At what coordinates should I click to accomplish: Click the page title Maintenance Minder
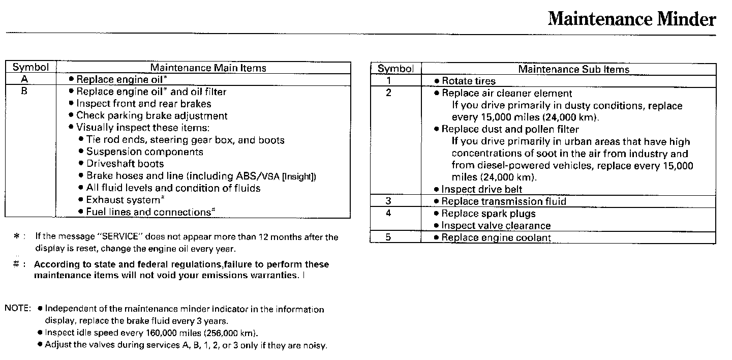[x=632, y=19]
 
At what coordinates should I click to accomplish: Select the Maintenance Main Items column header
[x=208, y=68]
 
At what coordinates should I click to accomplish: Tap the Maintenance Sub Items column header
[x=573, y=69]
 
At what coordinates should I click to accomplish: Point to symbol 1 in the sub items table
[x=389, y=81]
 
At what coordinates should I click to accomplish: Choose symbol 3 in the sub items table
[x=389, y=201]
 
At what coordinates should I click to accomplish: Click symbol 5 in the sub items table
[x=389, y=237]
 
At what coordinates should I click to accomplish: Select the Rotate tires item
[x=468, y=81]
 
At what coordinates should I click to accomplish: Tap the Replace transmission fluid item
[x=503, y=201]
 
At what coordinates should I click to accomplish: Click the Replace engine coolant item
[x=496, y=237]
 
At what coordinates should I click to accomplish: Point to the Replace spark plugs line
[x=488, y=214]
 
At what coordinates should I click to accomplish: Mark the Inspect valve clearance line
[x=496, y=225]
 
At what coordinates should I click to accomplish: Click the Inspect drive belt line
[x=481, y=189]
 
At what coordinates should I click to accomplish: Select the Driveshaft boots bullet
[x=125, y=164]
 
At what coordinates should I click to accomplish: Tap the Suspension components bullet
[x=144, y=152]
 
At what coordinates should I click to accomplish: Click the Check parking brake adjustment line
[x=151, y=116]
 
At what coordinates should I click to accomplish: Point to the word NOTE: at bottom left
[x=18, y=309]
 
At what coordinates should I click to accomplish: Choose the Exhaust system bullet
[x=123, y=200]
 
